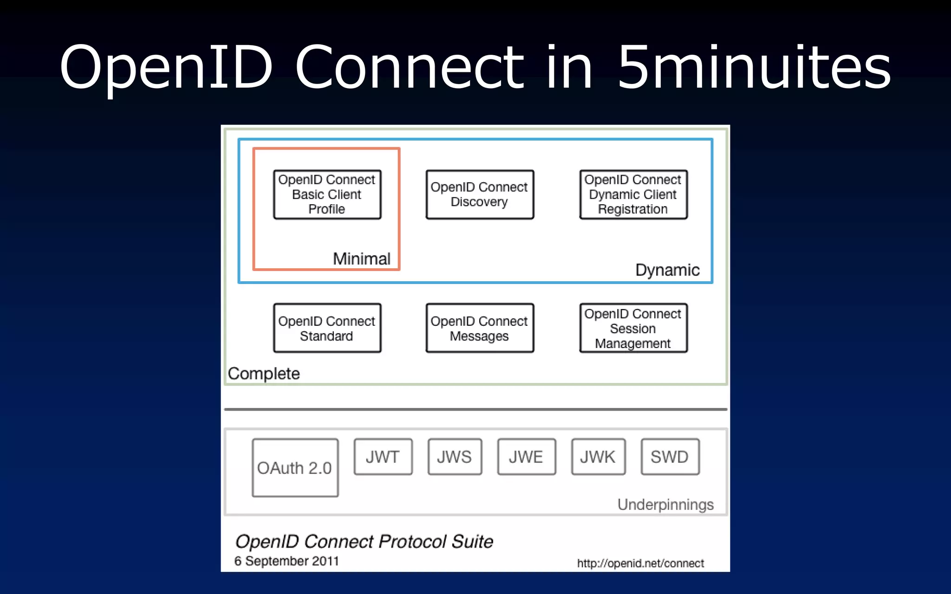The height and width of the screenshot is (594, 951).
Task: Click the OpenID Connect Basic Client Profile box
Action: coord(327,194)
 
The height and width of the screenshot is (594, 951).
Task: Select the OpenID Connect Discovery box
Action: coord(480,194)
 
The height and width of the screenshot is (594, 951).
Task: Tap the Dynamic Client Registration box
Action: coord(633,194)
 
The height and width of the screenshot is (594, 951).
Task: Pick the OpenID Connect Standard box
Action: coord(327,328)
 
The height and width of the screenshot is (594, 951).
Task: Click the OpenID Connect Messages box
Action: coord(480,328)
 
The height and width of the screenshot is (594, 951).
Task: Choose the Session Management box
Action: coord(633,328)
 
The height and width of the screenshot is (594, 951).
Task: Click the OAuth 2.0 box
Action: coord(295,468)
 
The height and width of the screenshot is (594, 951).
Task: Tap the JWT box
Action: coord(383,457)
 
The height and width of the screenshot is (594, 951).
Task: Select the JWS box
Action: coord(455,457)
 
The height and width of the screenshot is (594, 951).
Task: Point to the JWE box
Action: coord(526,457)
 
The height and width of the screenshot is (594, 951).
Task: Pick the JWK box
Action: coord(598,457)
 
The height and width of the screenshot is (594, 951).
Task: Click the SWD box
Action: coord(670,457)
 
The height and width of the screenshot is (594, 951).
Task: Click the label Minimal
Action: coord(361,258)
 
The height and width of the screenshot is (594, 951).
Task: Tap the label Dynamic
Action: coord(667,270)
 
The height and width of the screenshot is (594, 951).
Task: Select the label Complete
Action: coord(264,374)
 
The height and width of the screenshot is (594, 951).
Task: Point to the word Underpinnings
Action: coord(665,504)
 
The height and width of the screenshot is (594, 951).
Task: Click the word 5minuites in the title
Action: coord(753,67)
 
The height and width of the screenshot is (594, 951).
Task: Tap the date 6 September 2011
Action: coord(287,561)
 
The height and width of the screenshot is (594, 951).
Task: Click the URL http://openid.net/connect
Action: coord(640,563)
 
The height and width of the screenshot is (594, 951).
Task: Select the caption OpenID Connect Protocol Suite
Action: coord(364,542)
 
